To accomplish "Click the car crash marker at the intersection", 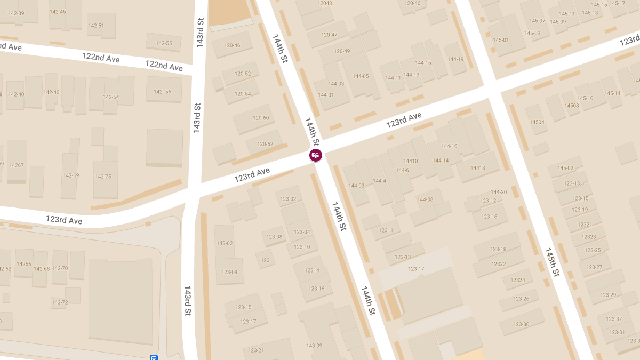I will click(x=316, y=155).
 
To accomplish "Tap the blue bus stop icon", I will click(x=154, y=357).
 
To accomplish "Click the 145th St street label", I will click(x=552, y=262).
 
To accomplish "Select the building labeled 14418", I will click(x=477, y=168).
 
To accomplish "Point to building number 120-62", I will click(x=265, y=144).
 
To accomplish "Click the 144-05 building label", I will click(x=361, y=76).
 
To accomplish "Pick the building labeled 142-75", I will click(x=103, y=177).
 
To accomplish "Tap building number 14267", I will click(x=17, y=165).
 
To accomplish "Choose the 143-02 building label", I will click(x=225, y=243).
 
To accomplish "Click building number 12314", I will click(x=311, y=270).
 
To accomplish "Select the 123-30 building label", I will click(x=521, y=324).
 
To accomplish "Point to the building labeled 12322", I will click(x=498, y=264).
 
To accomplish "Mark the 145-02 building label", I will click(x=565, y=168).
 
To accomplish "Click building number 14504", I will click(x=537, y=122).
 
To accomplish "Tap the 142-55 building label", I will click(x=164, y=43).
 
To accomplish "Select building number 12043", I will click(x=324, y=3).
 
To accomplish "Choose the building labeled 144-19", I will click(x=456, y=59).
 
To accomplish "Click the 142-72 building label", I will click(x=60, y=302).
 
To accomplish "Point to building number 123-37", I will click(x=614, y=319).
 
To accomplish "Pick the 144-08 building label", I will click(x=425, y=199).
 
